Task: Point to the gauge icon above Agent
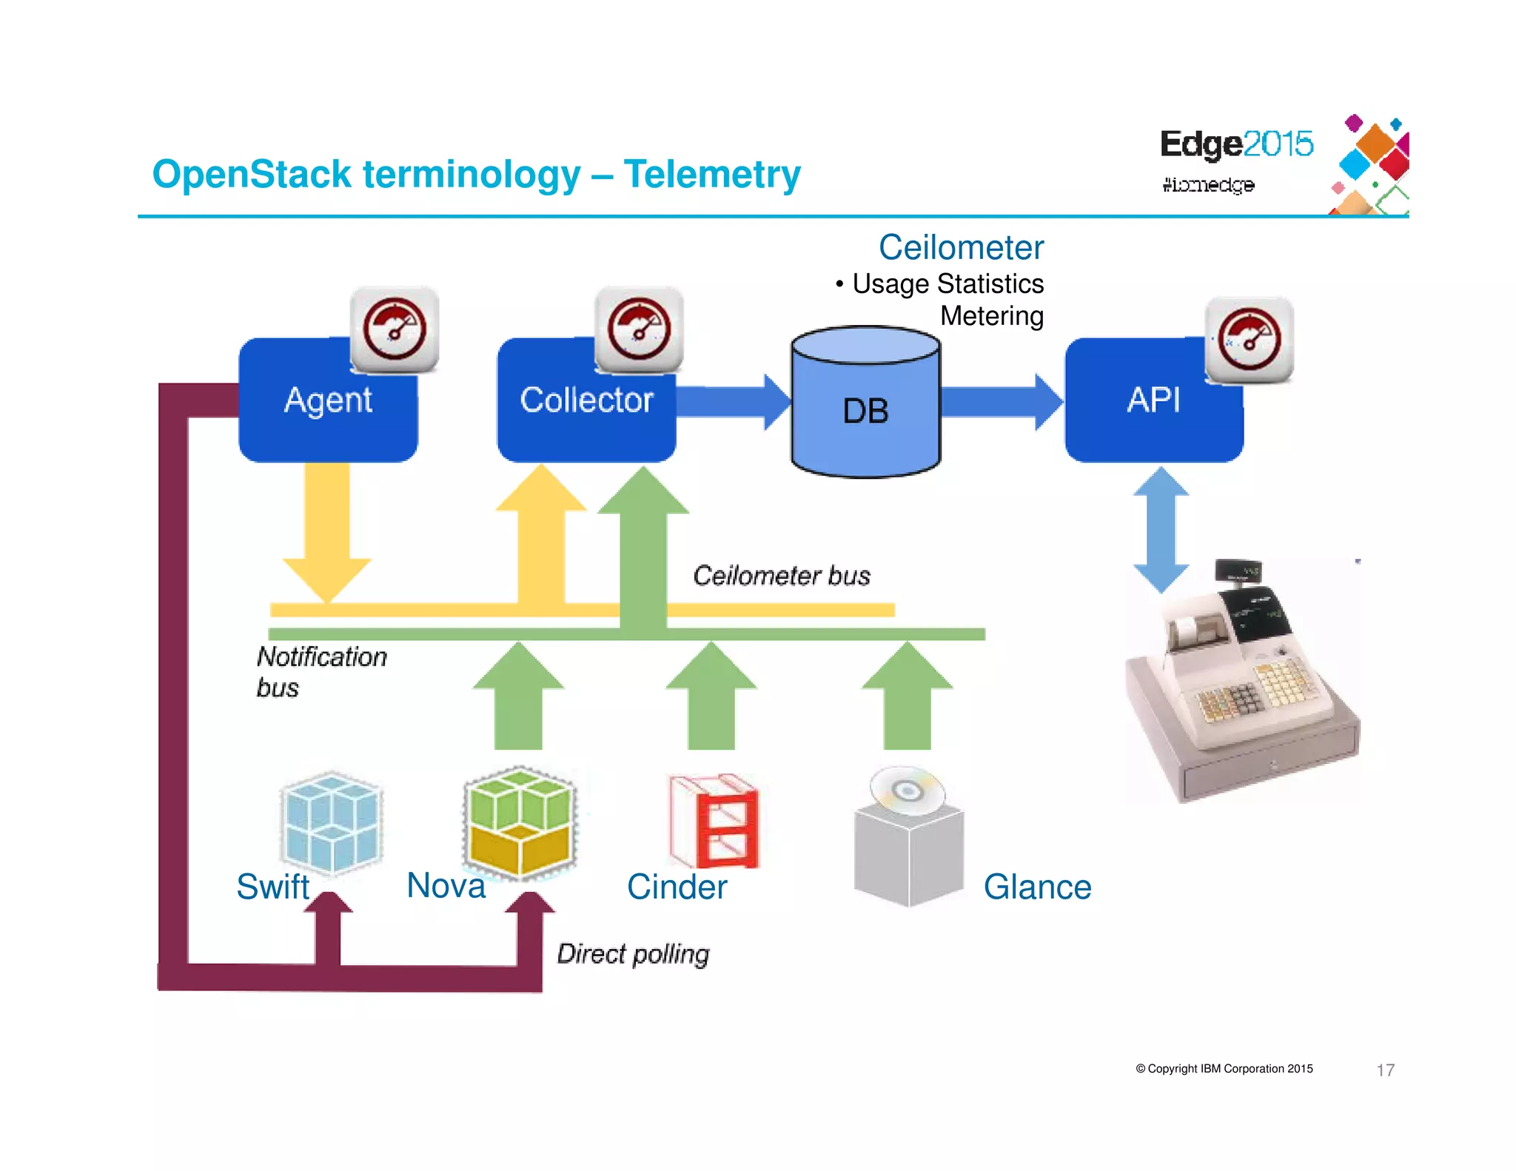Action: click(x=395, y=329)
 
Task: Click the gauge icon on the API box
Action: click(x=1250, y=340)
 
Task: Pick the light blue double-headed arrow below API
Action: click(x=1161, y=529)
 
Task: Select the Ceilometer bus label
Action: click(x=782, y=576)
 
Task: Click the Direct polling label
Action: click(x=633, y=954)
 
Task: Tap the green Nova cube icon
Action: click(x=520, y=822)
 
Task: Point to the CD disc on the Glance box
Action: click(x=907, y=791)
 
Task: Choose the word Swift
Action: click(x=272, y=887)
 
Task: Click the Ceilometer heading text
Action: click(x=961, y=248)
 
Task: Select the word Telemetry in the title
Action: click(x=712, y=175)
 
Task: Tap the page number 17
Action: click(x=1385, y=1070)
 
